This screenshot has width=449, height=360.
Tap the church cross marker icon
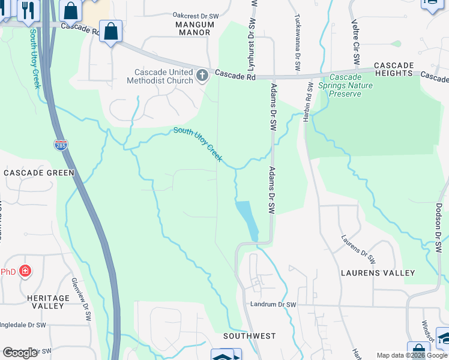pos(202,76)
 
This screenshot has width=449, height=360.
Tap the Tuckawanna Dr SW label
pos(297,41)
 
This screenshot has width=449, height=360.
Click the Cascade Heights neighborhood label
pos(393,69)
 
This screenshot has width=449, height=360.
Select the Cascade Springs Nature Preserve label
pos(351,85)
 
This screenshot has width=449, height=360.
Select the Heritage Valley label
pos(49,302)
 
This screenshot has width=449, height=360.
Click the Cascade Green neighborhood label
pos(38,173)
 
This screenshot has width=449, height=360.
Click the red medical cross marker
pos(25,271)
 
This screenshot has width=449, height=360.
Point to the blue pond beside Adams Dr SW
pos(247,219)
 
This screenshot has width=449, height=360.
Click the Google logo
pos(20,353)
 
